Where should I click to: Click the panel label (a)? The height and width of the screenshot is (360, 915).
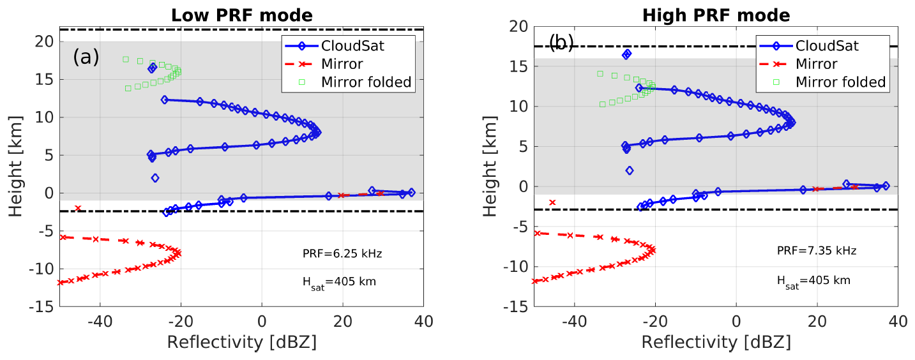pyautogui.click(x=86, y=57)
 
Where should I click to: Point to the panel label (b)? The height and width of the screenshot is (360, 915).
pyautogui.click(x=561, y=43)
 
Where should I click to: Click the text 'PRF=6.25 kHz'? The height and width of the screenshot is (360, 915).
pyautogui.click(x=342, y=254)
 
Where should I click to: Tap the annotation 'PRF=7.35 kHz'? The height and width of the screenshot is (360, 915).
pyautogui.click(x=816, y=251)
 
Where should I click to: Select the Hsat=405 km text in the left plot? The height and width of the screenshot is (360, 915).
pyautogui.click(x=339, y=281)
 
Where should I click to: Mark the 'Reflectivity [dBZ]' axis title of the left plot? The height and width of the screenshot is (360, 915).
pyautogui.click(x=241, y=342)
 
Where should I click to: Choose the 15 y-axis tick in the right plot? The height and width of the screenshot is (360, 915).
pyautogui.click(x=519, y=66)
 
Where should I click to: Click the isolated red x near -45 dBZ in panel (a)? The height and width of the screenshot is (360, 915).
pyautogui.click(x=78, y=208)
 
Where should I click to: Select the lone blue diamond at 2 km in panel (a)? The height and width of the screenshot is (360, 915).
pyautogui.click(x=155, y=178)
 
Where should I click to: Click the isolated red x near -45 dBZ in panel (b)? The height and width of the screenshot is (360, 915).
pyautogui.click(x=552, y=202)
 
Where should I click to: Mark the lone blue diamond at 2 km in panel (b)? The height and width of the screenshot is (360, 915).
pyautogui.click(x=630, y=170)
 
